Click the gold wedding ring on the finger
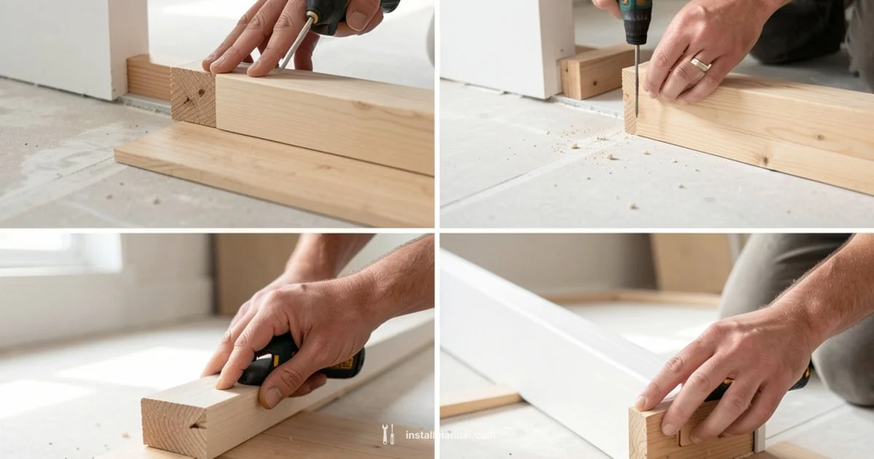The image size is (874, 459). [x=700, y=65]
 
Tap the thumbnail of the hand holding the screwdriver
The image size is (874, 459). [x=357, y=20]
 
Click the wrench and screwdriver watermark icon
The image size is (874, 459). [x=389, y=434]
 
